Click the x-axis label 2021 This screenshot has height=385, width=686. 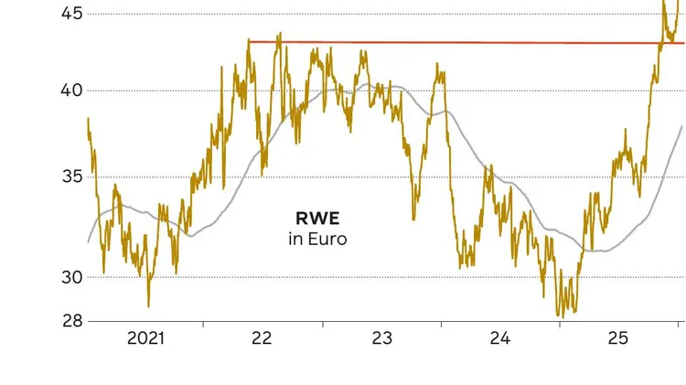tap(145, 338)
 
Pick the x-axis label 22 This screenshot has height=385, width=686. tap(262, 338)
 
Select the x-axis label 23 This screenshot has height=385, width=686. tap(381, 338)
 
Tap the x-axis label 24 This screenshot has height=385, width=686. tap(499, 338)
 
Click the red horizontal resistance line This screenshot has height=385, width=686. tap(457, 42)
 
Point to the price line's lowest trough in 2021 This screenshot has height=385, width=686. tap(148, 306)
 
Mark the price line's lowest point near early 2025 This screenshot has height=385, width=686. tap(559, 315)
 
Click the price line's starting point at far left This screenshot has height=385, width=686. tap(88, 118)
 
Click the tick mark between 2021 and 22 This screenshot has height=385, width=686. tap(203, 325)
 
